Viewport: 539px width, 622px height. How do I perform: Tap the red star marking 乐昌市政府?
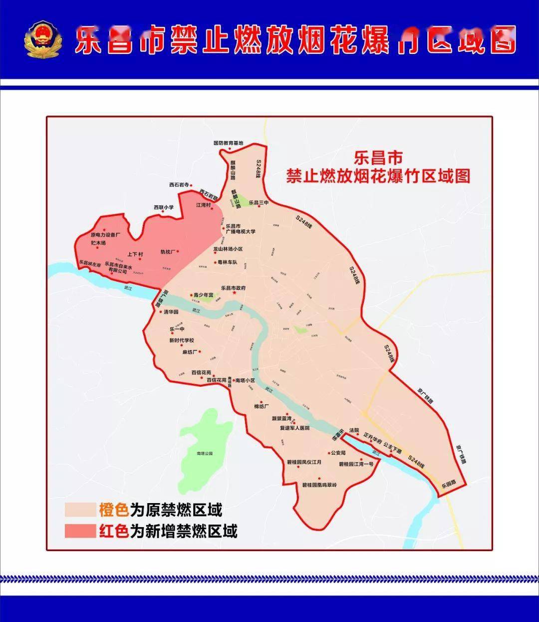(x=234, y=294)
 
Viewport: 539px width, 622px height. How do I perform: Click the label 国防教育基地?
(x=228, y=143)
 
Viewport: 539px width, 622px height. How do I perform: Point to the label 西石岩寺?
(x=179, y=184)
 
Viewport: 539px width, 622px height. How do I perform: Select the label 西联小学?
(x=164, y=207)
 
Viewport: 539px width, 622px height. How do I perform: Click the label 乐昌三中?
(x=259, y=202)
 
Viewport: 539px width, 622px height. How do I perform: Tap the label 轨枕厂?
(x=168, y=252)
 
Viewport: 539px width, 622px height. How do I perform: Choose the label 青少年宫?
(x=204, y=295)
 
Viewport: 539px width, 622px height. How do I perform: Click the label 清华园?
(x=171, y=312)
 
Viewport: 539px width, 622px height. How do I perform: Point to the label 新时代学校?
(x=181, y=341)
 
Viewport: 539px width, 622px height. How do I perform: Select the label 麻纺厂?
(x=190, y=352)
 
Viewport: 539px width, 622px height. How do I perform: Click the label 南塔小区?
(x=245, y=381)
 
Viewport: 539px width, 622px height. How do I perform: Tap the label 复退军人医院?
(x=294, y=428)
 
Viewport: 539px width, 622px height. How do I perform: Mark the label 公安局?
(x=338, y=453)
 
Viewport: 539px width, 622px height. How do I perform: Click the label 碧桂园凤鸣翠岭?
(x=320, y=485)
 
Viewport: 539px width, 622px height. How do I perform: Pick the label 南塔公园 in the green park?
(x=205, y=454)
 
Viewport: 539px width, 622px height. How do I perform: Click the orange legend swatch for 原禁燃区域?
(x=80, y=510)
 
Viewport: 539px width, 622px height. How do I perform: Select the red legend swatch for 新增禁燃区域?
(x=80, y=531)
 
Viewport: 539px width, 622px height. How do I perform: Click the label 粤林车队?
(x=228, y=262)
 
